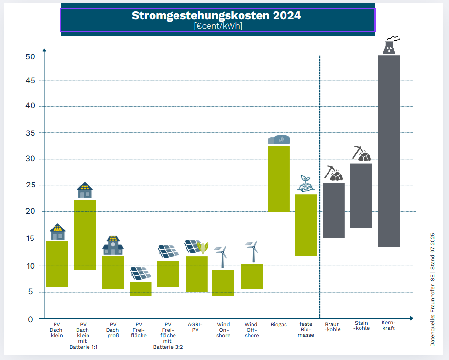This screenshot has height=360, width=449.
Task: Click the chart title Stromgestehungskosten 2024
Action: [x=216, y=15]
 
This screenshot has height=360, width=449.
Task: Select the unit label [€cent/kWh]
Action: [x=218, y=26]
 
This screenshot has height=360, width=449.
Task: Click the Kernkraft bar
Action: [x=389, y=151]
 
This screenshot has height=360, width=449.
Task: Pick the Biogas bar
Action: [x=278, y=179]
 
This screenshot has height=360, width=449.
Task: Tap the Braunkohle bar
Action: [x=333, y=210]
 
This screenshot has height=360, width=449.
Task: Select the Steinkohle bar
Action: [x=361, y=195]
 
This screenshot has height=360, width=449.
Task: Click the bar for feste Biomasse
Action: [x=306, y=225]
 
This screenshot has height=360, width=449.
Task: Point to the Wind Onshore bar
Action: [x=223, y=283]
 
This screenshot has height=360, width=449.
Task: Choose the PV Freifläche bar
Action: [x=141, y=289]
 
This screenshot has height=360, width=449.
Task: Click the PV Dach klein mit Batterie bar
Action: [x=85, y=234]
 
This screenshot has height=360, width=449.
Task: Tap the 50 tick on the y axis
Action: [x=31, y=56]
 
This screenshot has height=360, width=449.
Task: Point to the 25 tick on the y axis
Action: [x=31, y=185]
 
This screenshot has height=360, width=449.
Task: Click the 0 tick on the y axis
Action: [x=30, y=319]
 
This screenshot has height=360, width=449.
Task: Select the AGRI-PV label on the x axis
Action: [x=195, y=327]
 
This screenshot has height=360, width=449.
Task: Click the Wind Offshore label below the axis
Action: [x=251, y=330]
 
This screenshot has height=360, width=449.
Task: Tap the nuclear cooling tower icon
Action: [x=390, y=46]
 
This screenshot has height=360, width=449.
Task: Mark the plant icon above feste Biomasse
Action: [x=305, y=184]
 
